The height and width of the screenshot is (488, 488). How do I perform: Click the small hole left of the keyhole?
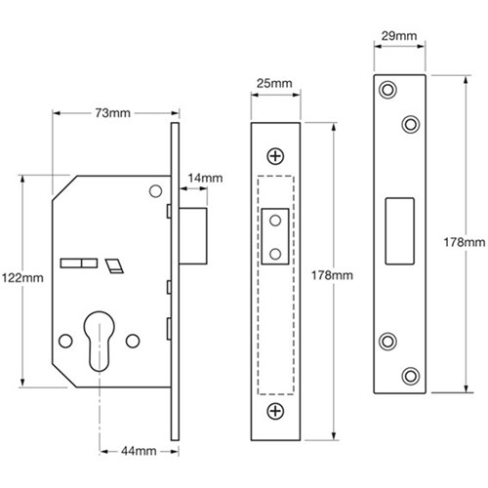pyautogui.click(x=65, y=341)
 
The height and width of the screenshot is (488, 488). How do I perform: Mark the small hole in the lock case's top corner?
pyautogui.click(x=153, y=192)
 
